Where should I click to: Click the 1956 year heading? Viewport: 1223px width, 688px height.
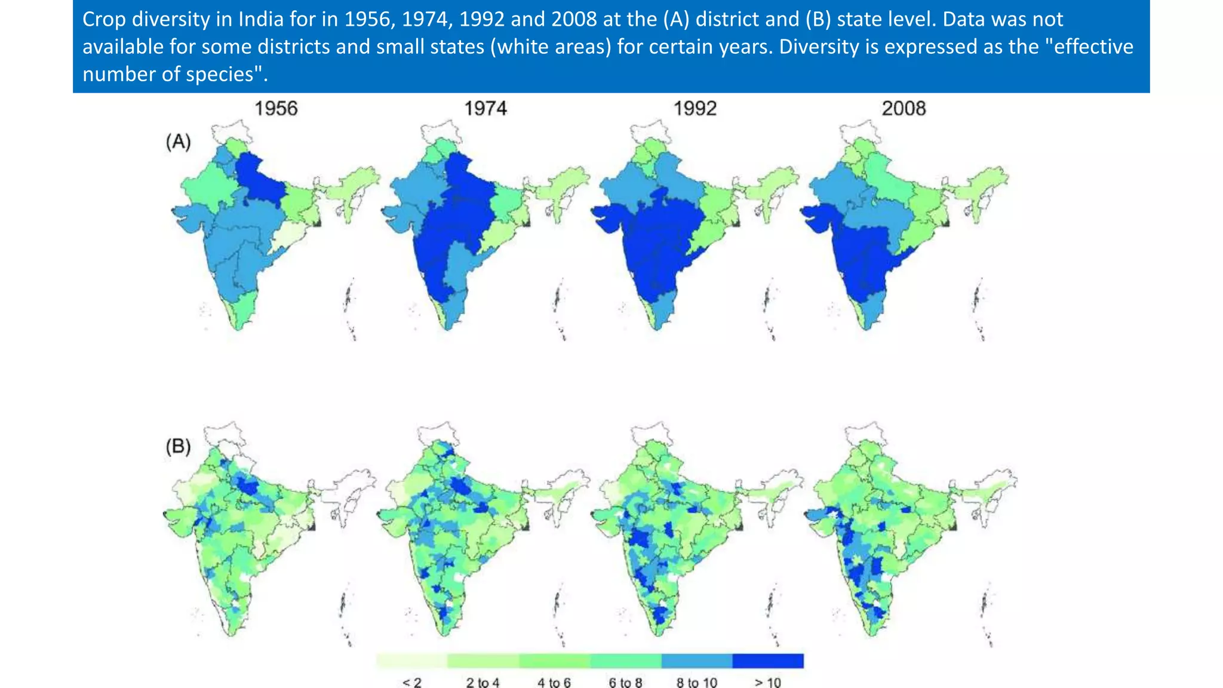276,109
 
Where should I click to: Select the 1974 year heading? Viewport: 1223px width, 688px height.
485,109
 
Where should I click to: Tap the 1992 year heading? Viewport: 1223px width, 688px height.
695,109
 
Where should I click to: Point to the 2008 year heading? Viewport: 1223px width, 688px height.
904,109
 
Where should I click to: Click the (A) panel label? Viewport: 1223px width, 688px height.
178,142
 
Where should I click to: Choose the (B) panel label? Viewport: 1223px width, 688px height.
178,447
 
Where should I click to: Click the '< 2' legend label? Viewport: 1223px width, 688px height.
412,682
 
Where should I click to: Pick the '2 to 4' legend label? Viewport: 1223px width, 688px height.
483,682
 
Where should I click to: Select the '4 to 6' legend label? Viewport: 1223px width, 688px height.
554,682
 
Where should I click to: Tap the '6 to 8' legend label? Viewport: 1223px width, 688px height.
625,682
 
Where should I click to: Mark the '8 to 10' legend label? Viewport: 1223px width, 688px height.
697,682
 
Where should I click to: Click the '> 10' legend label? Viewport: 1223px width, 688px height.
768,682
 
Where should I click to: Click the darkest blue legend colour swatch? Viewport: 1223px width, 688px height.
768,661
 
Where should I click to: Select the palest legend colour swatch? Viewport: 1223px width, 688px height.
412,661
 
